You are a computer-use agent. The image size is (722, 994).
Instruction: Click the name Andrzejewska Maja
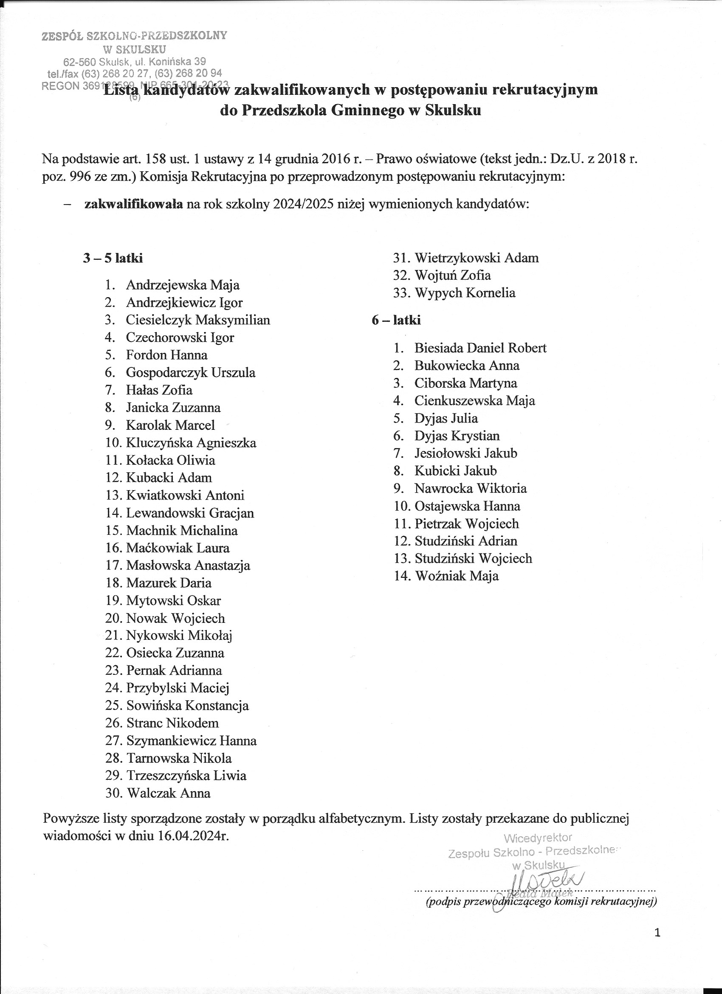pyautogui.click(x=183, y=285)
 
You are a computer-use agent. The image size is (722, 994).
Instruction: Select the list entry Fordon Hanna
pyautogui.click(x=166, y=355)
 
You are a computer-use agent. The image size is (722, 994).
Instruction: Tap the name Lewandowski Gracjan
pyautogui.click(x=190, y=513)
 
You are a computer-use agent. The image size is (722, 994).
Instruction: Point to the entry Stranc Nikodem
pyautogui.click(x=172, y=723)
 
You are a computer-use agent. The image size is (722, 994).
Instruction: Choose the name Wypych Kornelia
pyautogui.click(x=465, y=293)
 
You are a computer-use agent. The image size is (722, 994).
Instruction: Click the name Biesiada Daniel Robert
pyautogui.click(x=480, y=348)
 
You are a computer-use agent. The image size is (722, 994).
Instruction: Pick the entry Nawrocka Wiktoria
pyautogui.click(x=470, y=488)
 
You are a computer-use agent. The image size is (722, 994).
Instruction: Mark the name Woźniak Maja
pyautogui.click(x=456, y=576)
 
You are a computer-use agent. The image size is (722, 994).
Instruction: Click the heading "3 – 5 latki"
pyautogui.click(x=113, y=258)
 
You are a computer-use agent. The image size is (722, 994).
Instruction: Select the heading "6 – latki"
pyautogui.click(x=396, y=321)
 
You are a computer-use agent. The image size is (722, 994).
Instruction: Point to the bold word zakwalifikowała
pyautogui.click(x=133, y=204)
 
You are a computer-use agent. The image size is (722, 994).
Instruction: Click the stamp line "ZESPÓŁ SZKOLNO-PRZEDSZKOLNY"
pyautogui.click(x=134, y=36)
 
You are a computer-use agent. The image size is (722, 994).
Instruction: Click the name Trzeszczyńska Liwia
pyautogui.click(x=186, y=776)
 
